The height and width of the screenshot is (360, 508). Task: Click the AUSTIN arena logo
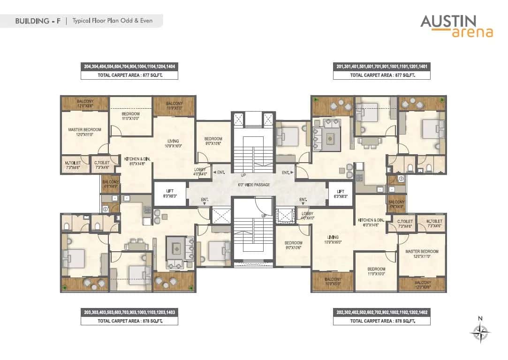pos(456,26)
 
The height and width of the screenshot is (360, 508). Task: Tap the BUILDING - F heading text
pos(38,21)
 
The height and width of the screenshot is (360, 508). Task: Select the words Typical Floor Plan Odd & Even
pos(112,21)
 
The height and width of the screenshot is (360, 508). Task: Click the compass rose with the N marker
pos(480,334)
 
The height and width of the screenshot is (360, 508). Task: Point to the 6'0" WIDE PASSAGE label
pos(254,185)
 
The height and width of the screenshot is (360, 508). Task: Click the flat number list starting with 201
pos(382,67)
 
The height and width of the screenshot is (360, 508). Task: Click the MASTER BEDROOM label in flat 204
pos(84,132)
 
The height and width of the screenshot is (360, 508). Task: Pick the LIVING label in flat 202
pos(334,240)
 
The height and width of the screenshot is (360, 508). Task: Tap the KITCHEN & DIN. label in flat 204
pos(137,162)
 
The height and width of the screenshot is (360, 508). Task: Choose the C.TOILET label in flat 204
pos(102,165)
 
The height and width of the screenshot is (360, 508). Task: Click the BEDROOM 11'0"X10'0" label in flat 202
pos(376,271)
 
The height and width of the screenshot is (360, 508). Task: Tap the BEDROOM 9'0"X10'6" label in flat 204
pos(213,141)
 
